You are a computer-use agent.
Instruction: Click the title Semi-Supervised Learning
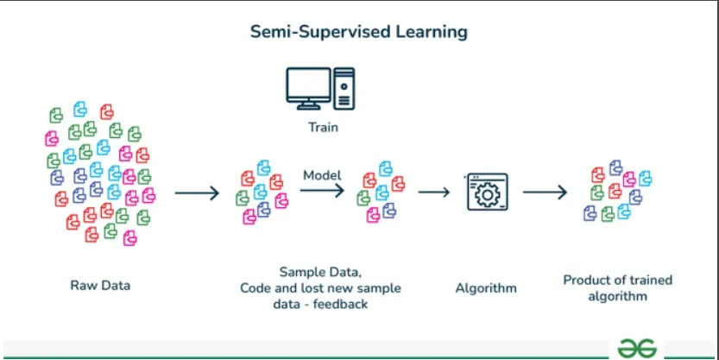(x=358, y=32)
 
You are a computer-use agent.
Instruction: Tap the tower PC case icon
(x=345, y=87)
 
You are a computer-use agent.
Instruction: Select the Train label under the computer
(x=323, y=128)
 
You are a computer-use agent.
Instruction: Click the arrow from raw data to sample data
(x=197, y=192)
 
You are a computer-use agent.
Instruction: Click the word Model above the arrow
(x=322, y=175)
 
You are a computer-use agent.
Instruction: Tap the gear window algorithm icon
(x=487, y=193)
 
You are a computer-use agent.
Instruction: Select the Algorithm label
(x=486, y=288)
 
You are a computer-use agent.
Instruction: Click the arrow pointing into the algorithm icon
(x=434, y=192)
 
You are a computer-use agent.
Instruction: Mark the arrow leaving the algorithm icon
(x=545, y=192)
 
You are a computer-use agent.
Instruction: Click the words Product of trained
(x=617, y=280)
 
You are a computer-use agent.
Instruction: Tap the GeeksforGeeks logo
(x=638, y=346)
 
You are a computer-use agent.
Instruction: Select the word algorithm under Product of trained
(x=617, y=296)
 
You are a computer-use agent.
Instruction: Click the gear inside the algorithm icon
(x=487, y=196)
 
